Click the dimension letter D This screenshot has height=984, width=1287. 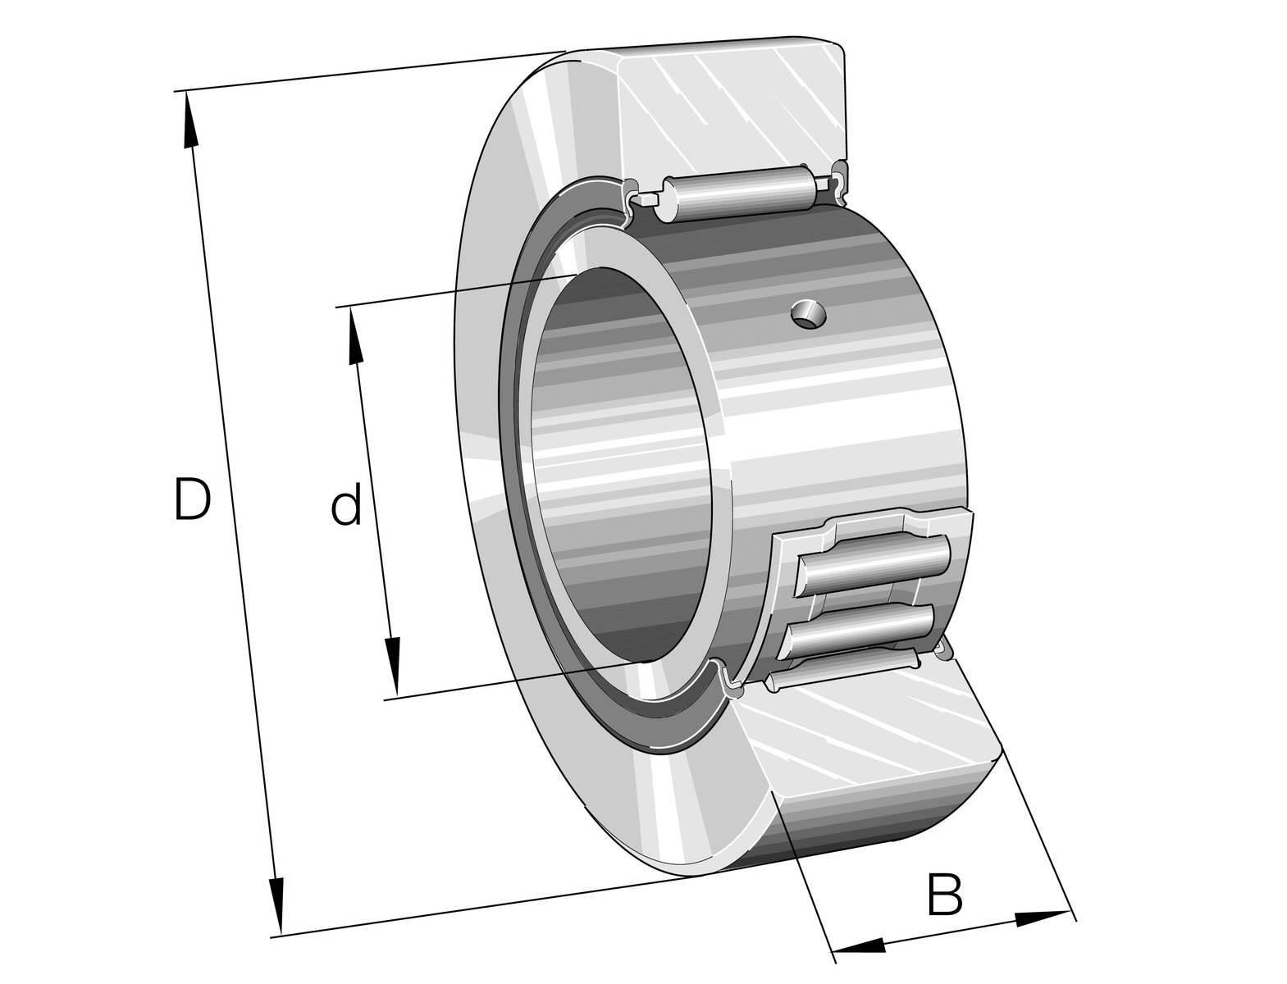click(x=192, y=499)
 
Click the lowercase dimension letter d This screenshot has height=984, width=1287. click(x=346, y=502)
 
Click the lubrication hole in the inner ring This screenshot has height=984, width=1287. click(x=809, y=314)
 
